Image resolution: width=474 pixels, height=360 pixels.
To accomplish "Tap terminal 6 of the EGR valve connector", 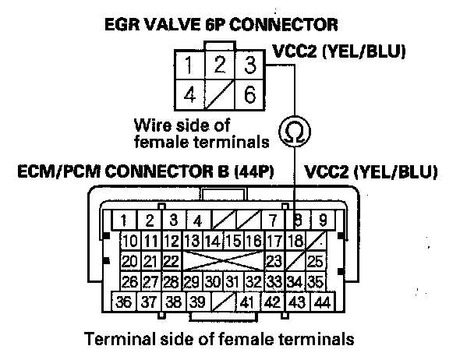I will tap(249, 95).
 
